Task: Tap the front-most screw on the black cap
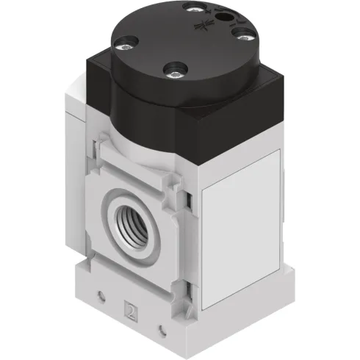click(175, 72)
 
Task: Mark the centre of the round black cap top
click(179, 40)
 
